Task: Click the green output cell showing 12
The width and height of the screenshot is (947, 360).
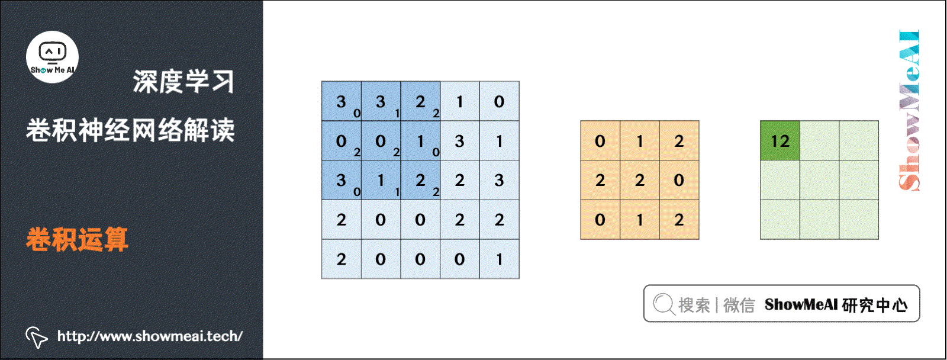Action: pos(779,141)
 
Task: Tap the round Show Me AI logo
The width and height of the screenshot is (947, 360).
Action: pos(53,57)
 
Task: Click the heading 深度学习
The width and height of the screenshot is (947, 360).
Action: pos(183,82)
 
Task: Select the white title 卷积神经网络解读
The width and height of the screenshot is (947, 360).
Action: pos(130,130)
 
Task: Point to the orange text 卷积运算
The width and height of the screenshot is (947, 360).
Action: pos(77,240)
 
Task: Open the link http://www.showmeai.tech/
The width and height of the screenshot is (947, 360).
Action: pos(150,336)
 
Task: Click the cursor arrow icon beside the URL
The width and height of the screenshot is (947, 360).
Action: pos(36,337)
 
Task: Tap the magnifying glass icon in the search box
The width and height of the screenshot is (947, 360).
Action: pos(663,304)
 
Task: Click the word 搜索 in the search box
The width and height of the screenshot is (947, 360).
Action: pos(694,305)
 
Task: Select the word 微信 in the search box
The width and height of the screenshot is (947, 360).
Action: pos(739,305)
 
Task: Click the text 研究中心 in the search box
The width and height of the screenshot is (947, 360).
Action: pos(875,305)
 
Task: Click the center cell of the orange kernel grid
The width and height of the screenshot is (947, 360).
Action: pos(640,180)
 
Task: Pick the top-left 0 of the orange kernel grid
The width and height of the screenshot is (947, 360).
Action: pos(600,141)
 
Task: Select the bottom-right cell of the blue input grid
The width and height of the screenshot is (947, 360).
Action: pos(500,259)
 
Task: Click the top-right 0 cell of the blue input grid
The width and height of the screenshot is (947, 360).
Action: pos(500,101)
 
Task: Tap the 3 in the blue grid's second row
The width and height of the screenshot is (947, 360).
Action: pos(460,141)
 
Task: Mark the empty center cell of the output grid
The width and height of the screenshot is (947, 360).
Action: pos(819,180)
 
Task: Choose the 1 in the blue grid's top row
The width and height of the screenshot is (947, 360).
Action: pos(460,101)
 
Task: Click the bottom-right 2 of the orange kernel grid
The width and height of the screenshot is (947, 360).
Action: pos(679,220)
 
